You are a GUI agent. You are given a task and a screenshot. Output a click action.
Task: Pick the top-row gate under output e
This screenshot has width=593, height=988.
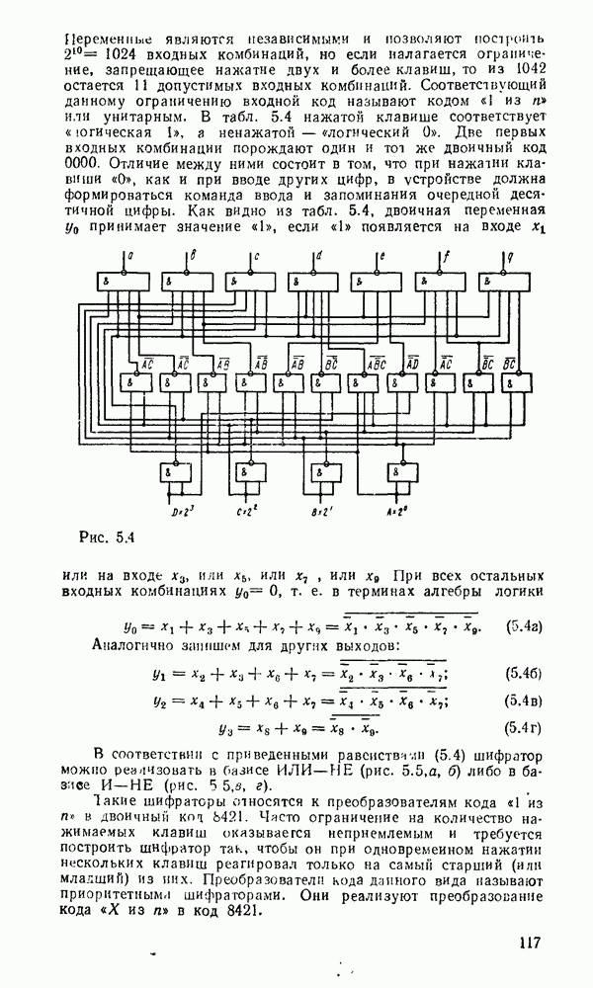coord(372,281)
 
